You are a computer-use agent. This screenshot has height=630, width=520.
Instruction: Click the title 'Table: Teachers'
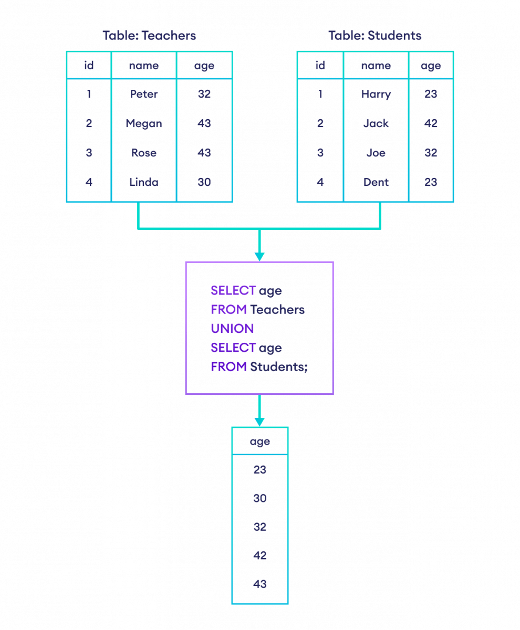pyautogui.click(x=149, y=36)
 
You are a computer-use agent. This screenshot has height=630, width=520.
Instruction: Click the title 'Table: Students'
pyautogui.click(x=375, y=36)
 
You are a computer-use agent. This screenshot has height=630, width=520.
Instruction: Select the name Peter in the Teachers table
pyautogui.click(x=144, y=94)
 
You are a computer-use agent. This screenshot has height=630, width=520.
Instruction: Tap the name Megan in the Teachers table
pyautogui.click(x=144, y=124)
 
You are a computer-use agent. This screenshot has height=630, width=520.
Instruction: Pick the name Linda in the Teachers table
pyautogui.click(x=144, y=182)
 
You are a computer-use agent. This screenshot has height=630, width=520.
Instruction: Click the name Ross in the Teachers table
pyautogui.click(x=144, y=153)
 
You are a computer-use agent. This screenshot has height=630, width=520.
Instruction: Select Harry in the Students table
pyautogui.click(x=376, y=94)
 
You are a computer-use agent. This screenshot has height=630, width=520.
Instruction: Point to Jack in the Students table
pyautogui.click(x=376, y=124)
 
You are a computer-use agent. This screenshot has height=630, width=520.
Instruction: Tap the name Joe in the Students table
pyautogui.click(x=376, y=153)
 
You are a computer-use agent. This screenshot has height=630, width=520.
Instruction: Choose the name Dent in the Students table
pyautogui.click(x=376, y=182)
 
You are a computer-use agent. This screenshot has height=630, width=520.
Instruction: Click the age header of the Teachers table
pyautogui.click(x=204, y=66)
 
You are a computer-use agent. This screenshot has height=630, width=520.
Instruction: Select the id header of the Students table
pyautogui.click(x=320, y=66)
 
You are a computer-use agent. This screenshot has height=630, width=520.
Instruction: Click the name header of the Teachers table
pyautogui.click(x=144, y=66)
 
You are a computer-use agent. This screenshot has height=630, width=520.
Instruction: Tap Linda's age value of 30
pyautogui.click(x=204, y=182)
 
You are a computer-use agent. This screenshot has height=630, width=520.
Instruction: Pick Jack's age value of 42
pyautogui.click(x=431, y=124)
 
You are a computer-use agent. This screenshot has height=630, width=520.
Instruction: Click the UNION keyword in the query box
pyautogui.click(x=232, y=329)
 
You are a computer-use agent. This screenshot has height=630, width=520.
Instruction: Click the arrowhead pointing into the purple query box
pyautogui.click(x=259, y=256)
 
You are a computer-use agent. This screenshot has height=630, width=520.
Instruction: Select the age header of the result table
pyautogui.click(x=260, y=442)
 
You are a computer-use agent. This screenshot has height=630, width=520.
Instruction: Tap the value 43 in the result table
pyautogui.click(x=260, y=583)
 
